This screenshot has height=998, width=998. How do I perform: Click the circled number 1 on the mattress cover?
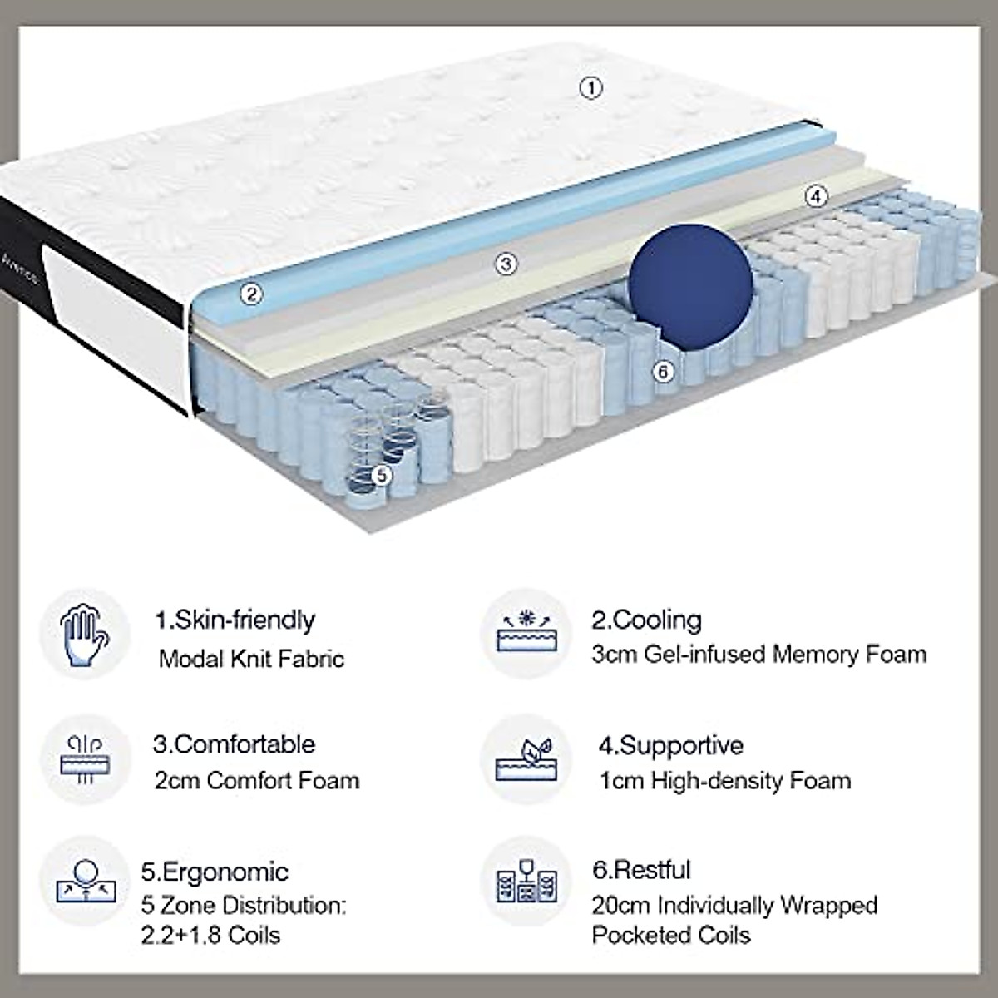(x=590, y=87)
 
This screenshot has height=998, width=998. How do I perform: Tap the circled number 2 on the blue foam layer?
(x=251, y=293)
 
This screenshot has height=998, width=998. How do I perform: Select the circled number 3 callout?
(x=506, y=264)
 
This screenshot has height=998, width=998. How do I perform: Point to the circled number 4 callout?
(x=817, y=196)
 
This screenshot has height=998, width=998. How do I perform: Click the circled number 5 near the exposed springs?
(x=381, y=475)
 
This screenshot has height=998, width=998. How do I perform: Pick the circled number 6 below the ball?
(x=663, y=371)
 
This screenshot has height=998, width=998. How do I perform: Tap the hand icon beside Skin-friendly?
(x=85, y=635)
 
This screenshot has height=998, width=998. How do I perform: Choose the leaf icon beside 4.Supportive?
(x=526, y=759)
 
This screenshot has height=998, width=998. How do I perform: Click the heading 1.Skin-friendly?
(x=235, y=620)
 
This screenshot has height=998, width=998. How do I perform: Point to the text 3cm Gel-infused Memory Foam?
(x=758, y=655)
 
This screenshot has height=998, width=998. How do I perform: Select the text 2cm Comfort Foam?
(x=257, y=781)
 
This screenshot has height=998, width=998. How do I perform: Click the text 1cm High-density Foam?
(x=725, y=781)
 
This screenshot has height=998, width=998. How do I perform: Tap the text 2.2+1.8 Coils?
(x=211, y=935)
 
